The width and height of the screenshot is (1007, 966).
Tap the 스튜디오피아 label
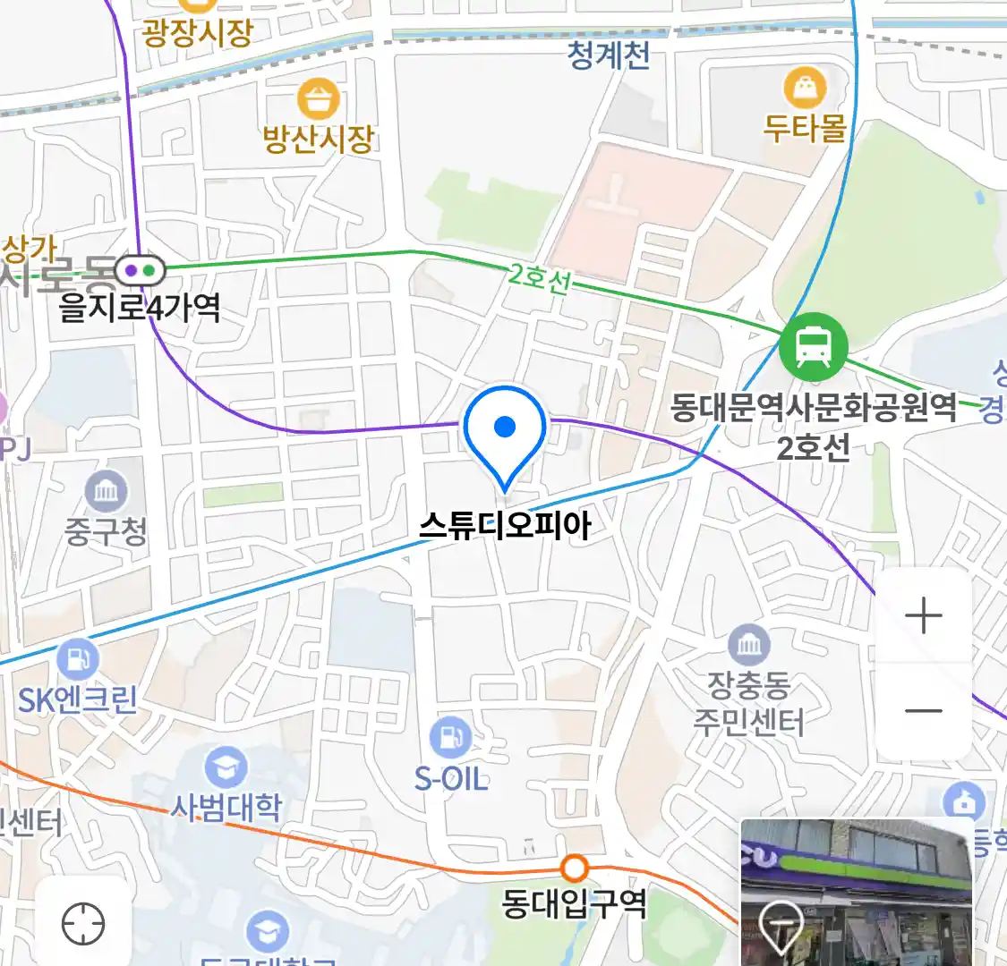tap(506, 526)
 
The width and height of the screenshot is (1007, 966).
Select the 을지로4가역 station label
tap(140, 309)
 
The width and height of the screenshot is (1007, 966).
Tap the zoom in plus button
tap(924, 616)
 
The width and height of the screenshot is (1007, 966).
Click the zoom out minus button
tap(924, 711)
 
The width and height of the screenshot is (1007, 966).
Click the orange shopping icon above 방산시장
tap(318, 99)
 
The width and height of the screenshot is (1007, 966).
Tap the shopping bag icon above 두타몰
tap(806, 89)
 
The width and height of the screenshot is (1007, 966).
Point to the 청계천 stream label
tap(609, 55)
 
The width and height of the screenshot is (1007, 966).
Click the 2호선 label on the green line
tap(539, 278)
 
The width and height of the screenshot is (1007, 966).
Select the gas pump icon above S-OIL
tap(450, 738)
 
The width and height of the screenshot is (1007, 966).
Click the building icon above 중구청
tap(106, 490)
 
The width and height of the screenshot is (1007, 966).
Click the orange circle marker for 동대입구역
tap(574, 868)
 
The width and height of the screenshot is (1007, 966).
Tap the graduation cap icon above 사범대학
tap(226, 767)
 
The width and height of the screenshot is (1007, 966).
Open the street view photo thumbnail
tap(857, 892)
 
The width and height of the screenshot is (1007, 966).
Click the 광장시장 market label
tap(198, 33)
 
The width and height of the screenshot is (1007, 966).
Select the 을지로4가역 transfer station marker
tap(140, 268)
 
